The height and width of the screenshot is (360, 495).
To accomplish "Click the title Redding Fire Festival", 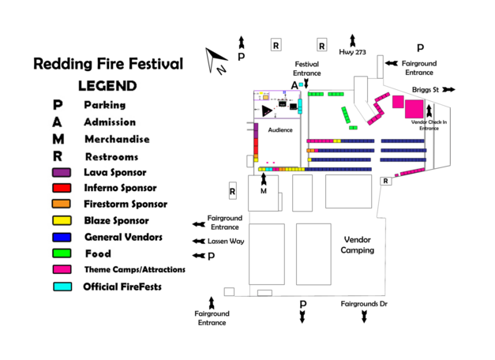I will pyautogui.click(x=108, y=64).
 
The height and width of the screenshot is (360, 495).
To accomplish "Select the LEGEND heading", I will pyautogui.click(x=107, y=85).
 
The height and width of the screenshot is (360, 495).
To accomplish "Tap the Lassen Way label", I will pyautogui.click(x=226, y=241).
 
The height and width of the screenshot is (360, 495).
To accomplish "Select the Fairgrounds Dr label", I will pyautogui.click(x=364, y=303).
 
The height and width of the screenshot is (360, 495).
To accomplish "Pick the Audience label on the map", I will pyautogui.click(x=280, y=129).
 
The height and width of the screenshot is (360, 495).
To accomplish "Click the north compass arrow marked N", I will pyautogui.click(x=216, y=60).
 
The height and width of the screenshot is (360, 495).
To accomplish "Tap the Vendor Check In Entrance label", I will pyautogui.click(x=429, y=125).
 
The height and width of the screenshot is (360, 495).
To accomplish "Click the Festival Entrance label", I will pyautogui.click(x=307, y=68).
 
